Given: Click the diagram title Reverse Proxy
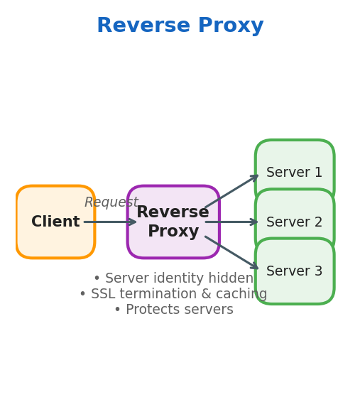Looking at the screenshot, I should tap(180, 26).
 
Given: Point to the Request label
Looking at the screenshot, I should tap(111, 202).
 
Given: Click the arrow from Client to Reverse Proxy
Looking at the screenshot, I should tap(110, 222).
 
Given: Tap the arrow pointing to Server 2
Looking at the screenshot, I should tap(231, 222).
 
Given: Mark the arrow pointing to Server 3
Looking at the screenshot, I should tap(231, 253).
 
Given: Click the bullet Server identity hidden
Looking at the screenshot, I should tap(173, 278).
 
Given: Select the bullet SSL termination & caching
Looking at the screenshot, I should tap(173, 294).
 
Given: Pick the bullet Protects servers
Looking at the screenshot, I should tap(173, 310).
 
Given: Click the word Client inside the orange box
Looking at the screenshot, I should tap(55, 222).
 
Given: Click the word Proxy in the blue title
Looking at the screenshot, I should tap(231, 26).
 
